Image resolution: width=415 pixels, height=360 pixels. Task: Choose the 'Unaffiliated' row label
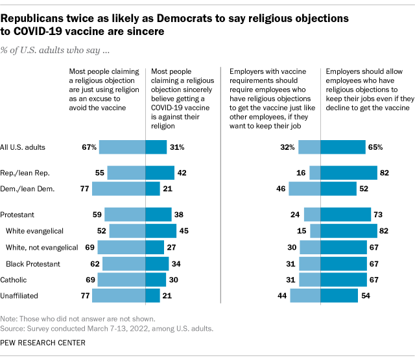pyautogui.click(x=21, y=296)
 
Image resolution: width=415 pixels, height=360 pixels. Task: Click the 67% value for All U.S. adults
pyautogui.click(x=89, y=147)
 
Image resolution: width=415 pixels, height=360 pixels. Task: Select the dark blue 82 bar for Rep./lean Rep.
pyautogui.click(x=349, y=173)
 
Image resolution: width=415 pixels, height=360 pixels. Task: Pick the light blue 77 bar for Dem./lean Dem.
pyautogui.click(x=118, y=189)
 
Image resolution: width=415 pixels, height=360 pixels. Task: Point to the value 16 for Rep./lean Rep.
pyautogui.click(x=302, y=173)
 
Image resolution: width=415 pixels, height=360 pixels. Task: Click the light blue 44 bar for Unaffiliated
pyautogui.click(x=305, y=296)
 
